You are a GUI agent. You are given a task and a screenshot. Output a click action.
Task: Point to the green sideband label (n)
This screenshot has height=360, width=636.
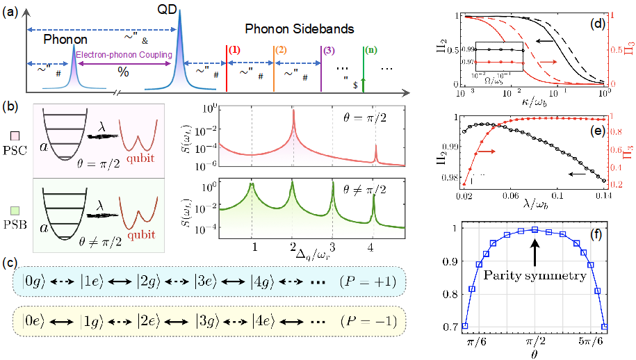[x=372, y=51]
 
